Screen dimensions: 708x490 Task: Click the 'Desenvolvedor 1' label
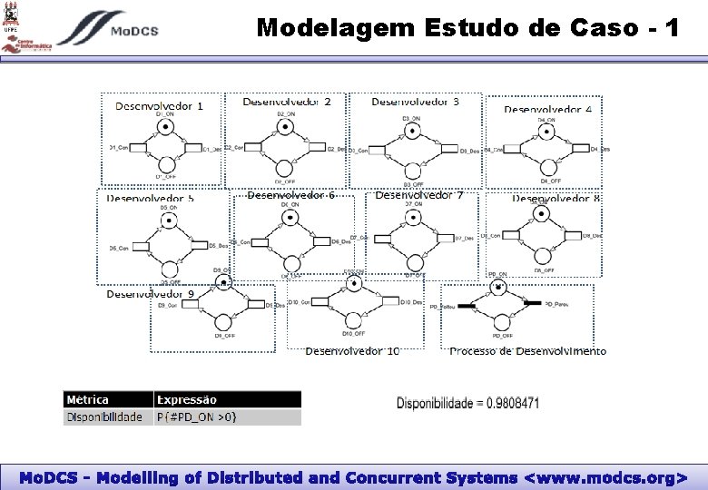click(159, 105)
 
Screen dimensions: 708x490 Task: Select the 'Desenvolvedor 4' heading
click(548, 109)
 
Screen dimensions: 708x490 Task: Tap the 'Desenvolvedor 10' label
click(352, 351)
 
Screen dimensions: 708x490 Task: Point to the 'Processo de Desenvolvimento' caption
click(527, 351)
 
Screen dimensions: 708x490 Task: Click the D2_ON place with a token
click(284, 127)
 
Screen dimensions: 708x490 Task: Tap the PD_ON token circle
click(498, 288)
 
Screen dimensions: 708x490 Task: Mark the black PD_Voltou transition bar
click(465, 306)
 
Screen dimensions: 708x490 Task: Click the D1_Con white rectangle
click(141, 147)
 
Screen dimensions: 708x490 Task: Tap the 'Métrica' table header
click(88, 399)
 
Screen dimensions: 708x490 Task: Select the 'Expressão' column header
click(187, 399)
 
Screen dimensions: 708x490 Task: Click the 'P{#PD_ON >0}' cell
click(197, 417)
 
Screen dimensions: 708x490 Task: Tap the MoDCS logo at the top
click(107, 29)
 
